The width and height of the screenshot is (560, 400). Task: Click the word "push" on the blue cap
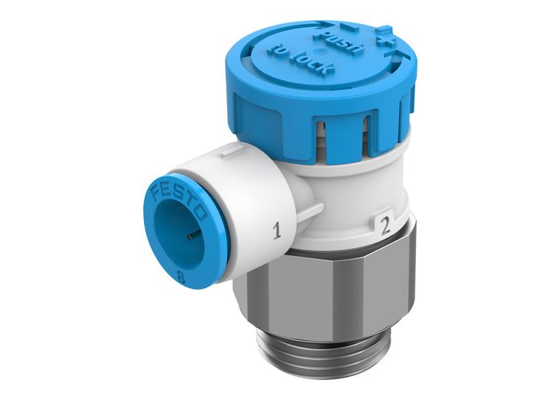pyautogui.click(x=333, y=39)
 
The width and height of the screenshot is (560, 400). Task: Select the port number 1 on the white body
pyautogui.click(x=278, y=233)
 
